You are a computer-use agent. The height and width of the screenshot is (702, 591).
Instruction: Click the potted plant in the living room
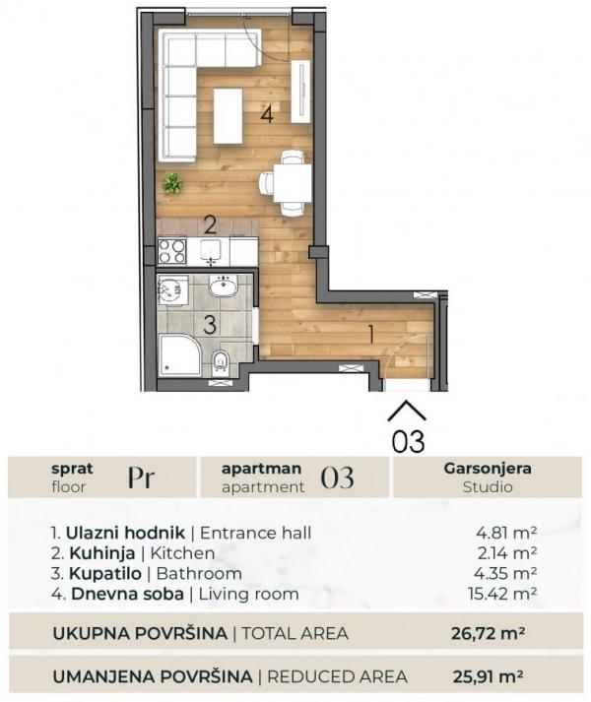point(172,182)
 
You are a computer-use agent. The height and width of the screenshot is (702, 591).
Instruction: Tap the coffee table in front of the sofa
point(228,115)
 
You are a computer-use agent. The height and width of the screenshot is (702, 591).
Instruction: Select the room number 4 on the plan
point(266,115)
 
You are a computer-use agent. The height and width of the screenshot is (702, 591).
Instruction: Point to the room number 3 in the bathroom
point(209,323)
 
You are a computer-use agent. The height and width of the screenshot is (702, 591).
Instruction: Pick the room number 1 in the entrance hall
point(370,333)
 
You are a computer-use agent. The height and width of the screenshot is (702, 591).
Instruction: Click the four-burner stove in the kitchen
point(172,251)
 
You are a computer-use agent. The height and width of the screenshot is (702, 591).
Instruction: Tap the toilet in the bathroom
point(221,362)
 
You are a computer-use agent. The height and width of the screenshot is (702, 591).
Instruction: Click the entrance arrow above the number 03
point(407,410)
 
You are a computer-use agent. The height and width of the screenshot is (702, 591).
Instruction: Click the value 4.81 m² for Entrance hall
point(504,533)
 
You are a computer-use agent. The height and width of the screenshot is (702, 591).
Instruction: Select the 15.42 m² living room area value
point(500,594)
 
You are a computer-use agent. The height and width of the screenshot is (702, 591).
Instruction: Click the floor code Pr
point(142,478)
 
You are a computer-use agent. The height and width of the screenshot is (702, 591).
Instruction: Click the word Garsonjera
point(488,469)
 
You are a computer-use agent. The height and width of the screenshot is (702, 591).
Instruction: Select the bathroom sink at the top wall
point(223,286)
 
